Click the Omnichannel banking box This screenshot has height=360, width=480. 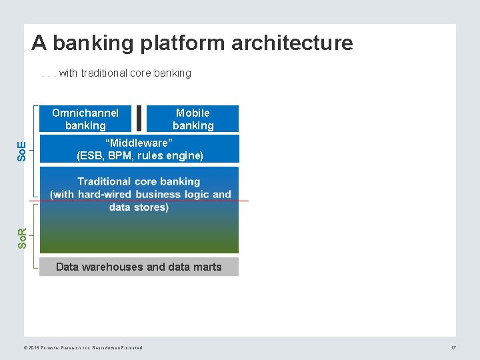click(x=85, y=119)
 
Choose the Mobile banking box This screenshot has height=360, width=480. click(x=193, y=119)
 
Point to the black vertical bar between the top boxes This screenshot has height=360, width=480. click(x=138, y=119)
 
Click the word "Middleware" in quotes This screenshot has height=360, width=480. click(x=139, y=143)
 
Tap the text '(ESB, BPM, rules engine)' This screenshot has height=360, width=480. click(x=139, y=155)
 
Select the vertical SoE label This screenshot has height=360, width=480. click(x=21, y=151)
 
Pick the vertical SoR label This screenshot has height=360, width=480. click(x=21, y=238)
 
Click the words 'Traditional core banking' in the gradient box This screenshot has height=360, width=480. click(x=139, y=181)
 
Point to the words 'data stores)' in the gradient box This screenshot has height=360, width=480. click(x=139, y=207)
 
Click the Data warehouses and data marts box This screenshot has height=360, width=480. click(x=139, y=267)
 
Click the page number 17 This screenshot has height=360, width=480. click(x=453, y=348)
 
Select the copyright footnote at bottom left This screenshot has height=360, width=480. click(x=83, y=348)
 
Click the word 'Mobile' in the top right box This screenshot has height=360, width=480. click(x=193, y=113)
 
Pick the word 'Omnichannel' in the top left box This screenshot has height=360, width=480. click(x=85, y=113)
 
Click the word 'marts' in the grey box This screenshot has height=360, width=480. click(x=207, y=267)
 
